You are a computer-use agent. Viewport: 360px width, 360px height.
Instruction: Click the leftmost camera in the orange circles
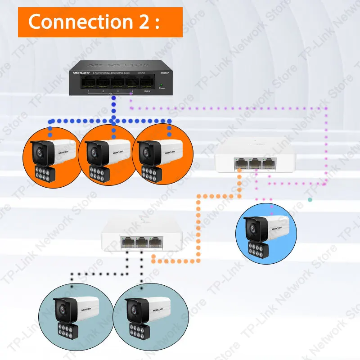52,155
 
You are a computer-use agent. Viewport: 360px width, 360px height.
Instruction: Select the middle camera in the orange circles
107,155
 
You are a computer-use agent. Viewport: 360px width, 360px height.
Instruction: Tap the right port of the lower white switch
156,243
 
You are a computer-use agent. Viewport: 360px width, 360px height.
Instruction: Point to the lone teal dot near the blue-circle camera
310,199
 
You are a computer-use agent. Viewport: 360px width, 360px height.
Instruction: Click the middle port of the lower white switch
142,243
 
